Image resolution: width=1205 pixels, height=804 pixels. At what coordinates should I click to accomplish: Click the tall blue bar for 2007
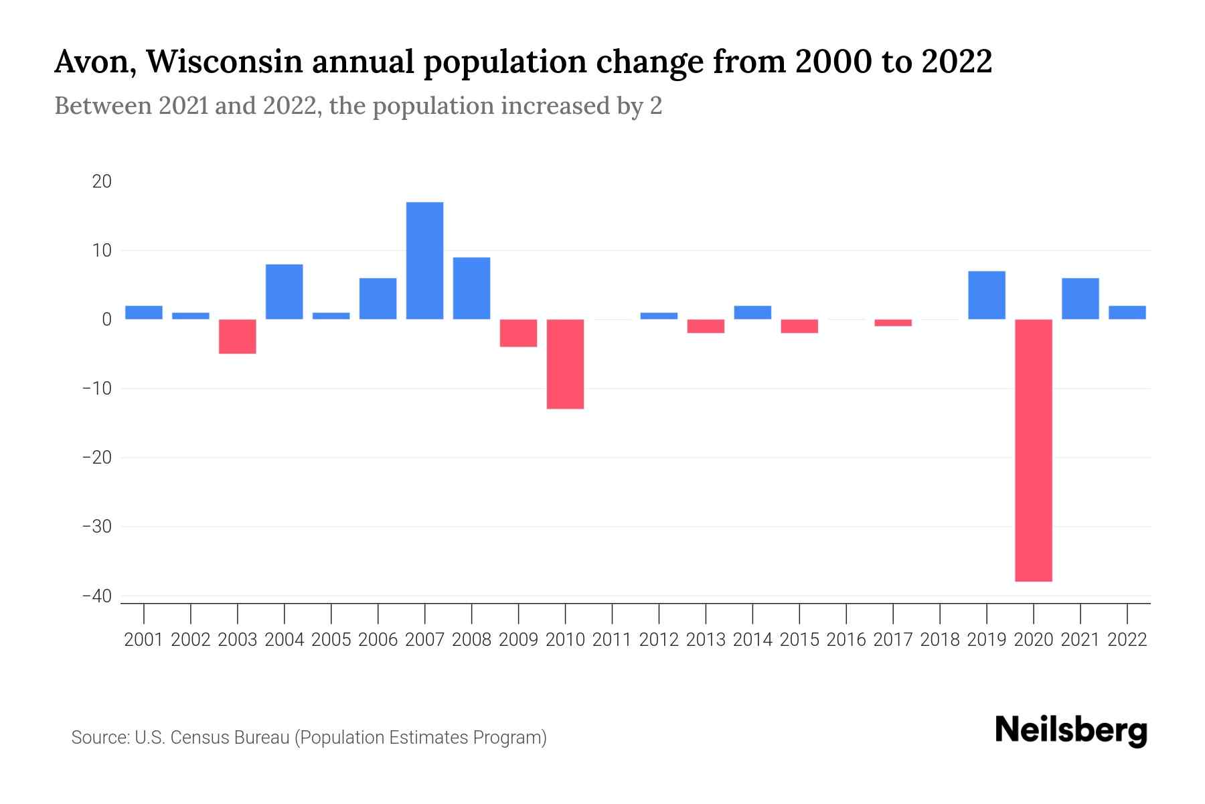point(424,261)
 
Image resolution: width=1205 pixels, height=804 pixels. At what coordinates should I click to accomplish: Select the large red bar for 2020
point(1033,450)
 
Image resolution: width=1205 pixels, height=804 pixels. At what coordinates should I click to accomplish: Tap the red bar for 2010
point(565,364)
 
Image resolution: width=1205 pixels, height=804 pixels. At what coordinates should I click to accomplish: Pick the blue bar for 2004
point(284,292)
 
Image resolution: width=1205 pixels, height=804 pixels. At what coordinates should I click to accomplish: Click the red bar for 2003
point(237,336)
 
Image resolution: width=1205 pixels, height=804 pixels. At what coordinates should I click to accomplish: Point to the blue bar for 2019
point(986,295)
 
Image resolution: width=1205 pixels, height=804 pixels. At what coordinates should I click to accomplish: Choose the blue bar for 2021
point(1080,299)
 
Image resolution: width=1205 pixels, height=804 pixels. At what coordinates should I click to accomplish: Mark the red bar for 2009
point(518,333)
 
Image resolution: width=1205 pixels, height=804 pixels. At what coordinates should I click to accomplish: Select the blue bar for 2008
point(471,289)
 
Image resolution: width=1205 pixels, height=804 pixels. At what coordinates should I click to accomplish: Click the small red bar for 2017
point(892,323)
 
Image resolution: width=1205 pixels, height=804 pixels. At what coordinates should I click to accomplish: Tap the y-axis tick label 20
point(102,182)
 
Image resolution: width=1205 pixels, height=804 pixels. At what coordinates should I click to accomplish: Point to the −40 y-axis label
point(97,596)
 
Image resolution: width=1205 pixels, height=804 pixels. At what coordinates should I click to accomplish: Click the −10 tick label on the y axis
point(97,389)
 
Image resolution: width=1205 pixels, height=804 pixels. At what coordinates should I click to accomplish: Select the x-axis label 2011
point(612,640)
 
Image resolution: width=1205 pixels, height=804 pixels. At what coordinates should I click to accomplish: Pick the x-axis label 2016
point(846,640)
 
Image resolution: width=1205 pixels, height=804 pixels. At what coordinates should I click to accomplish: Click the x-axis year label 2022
point(1127,640)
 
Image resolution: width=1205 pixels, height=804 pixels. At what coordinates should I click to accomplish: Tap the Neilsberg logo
point(1071,731)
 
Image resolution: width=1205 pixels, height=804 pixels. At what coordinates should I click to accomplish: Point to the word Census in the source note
point(200,738)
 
